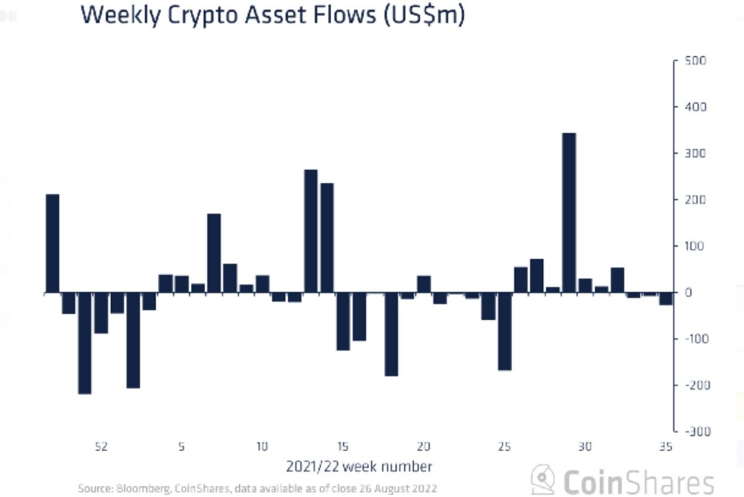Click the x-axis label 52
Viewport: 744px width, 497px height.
(x=101, y=446)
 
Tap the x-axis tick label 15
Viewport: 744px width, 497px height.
(x=343, y=446)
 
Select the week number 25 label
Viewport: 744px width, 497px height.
(x=505, y=446)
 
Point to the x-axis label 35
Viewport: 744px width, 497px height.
(x=665, y=446)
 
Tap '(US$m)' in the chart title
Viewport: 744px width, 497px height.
(x=422, y=16)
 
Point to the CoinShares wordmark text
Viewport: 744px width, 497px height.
(x=639, y=482)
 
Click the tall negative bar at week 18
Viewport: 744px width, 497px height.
(x=391, y=334)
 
